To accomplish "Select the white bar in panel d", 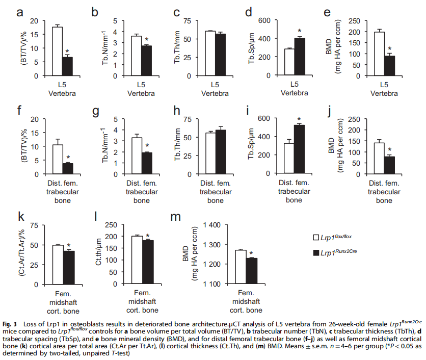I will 289,62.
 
